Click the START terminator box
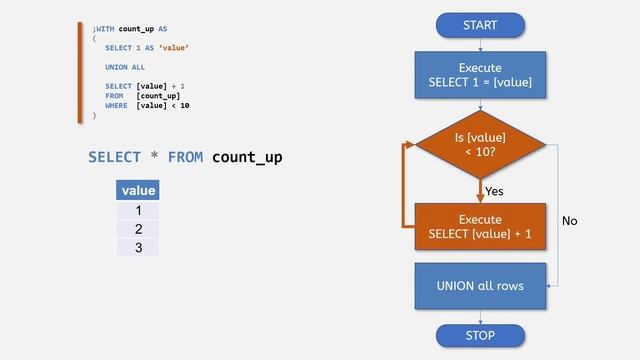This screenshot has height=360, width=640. [x=480, y=25]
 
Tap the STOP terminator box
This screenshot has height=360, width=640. [x=480, y=335]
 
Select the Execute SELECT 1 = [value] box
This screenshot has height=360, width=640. [x=480, y=75]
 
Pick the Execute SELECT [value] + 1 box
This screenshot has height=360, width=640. [x=480, y=226]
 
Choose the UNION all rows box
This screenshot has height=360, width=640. [x=480, y=286]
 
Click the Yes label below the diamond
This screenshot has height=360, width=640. [x=494, y=190]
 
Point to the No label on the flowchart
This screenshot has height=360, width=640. [x=570, y=220]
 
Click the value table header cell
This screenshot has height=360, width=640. [x=138, y=189]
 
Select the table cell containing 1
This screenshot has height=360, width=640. [x=138, y=211]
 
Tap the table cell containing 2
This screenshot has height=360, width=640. [x=138, y=229]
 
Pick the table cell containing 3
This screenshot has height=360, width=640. [x=138, y=247]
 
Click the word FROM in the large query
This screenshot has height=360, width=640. [x=186, y=157]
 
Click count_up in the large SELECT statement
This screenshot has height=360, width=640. [x=247, y=157]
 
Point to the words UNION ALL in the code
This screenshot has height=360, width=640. [x=125, y=67]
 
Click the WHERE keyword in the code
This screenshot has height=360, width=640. [x=116, y=105]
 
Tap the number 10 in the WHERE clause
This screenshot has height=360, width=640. [x=185, y=105]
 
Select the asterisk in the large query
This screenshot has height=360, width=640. [x=153, y=157]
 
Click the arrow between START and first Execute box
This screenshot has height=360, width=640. [x=480, y=44]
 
